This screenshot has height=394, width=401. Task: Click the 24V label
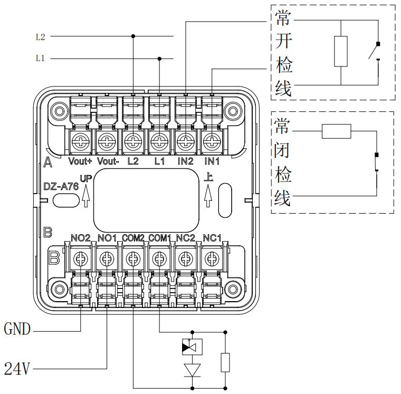[16, 368]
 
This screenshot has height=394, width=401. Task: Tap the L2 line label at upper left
[40, 37]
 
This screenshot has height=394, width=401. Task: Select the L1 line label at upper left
[40, 59]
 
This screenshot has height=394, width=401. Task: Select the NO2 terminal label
[80, 238]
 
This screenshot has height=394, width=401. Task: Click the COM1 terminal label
[159, 238]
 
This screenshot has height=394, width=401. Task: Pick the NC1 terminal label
[212, 238]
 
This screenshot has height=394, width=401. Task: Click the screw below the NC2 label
[185, 258]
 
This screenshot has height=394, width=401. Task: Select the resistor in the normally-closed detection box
[336, 131]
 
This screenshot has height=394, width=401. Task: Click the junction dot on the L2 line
[132, 36]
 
